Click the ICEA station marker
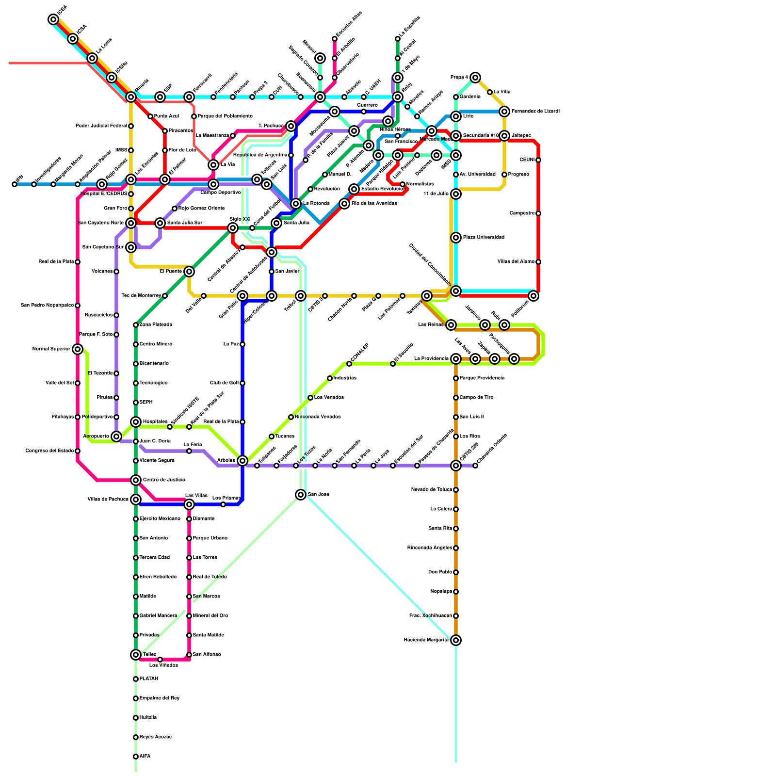pos(53,19)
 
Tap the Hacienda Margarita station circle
pos(456,640)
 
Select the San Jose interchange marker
pos(301,495)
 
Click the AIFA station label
pos(145,757)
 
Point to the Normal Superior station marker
pos(78,349)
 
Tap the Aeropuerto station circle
pos(116,436)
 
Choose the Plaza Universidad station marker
pos(456,238)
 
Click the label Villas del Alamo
pos(516,262)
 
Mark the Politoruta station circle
pos(533,296)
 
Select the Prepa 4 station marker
pos(475,78)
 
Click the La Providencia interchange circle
pos(456,359)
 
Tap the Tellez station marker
pos(136,655)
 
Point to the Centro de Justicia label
pos(163,480)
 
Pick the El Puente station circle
pos(189,272)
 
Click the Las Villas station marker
pos(189,504)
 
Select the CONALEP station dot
pos(349,364)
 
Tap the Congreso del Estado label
pos(49,451)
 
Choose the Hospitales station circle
pos(136,422)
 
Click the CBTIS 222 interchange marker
pos(456,466)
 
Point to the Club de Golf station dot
pos(242,383)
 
